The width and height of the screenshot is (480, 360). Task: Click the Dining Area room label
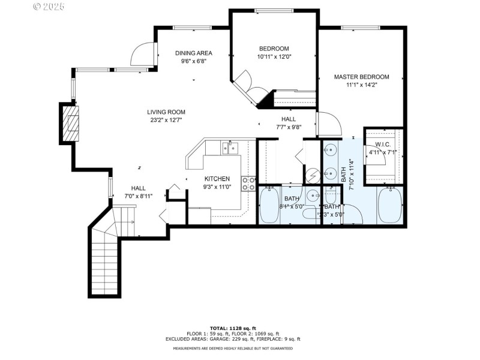[193, 53]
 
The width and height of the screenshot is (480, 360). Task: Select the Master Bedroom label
[361, 77]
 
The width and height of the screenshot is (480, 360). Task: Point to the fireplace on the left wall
[71, 123]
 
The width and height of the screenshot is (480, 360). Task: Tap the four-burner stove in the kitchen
[248, 183]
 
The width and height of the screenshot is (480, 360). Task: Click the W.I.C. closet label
[383, 144]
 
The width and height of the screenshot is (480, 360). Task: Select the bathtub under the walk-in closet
[390, 205]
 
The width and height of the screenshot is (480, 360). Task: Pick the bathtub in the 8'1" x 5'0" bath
[269, 206]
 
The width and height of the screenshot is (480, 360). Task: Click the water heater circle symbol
[312, 175]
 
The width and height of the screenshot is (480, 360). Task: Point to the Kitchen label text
[217, 179]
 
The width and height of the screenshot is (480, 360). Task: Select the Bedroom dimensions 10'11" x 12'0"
[274, 57]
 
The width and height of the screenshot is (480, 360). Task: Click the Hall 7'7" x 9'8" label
[289, 122]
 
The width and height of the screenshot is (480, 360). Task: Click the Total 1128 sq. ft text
[233, 328]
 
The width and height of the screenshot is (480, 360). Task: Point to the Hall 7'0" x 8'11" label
[139, 192]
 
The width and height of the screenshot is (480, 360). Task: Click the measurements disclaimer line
[233, 348]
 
